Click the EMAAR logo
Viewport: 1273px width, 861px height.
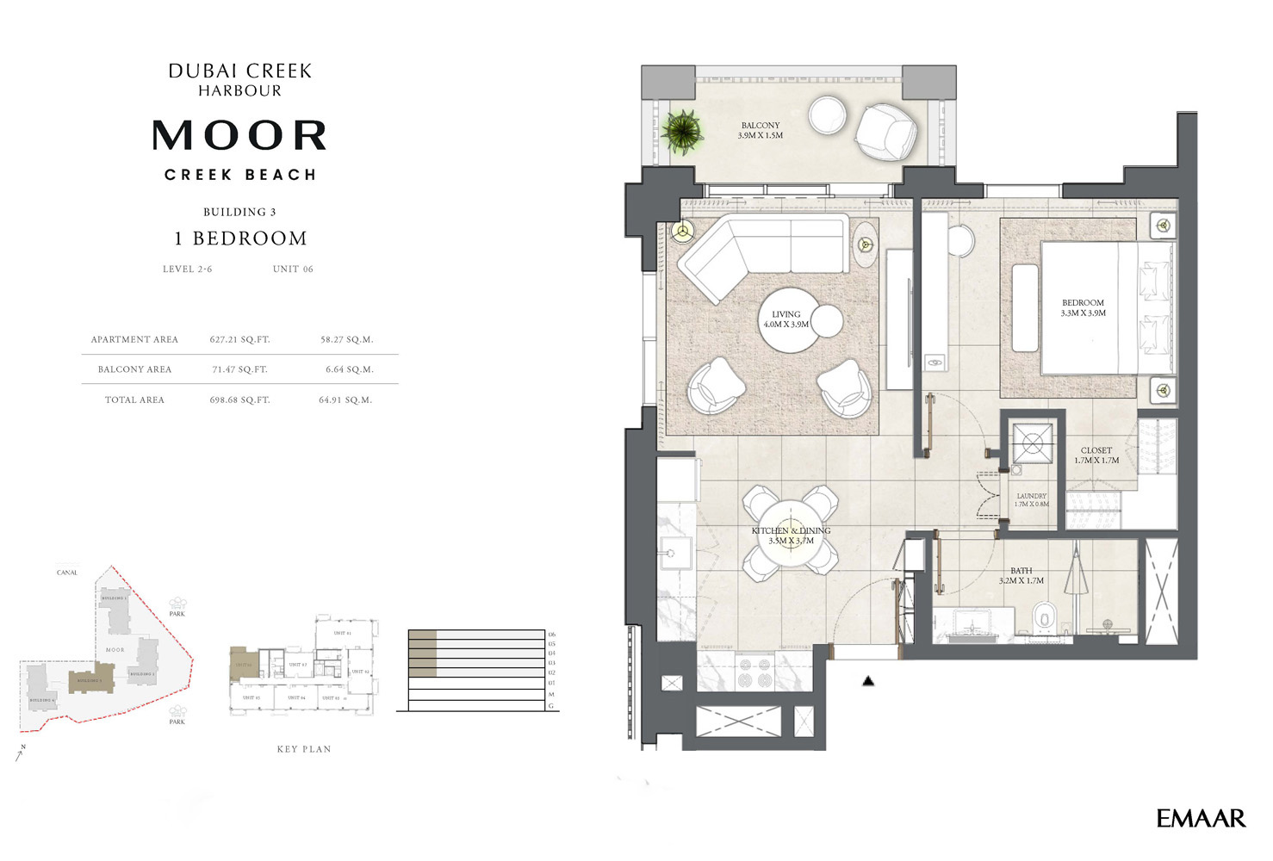tap(1201, 819)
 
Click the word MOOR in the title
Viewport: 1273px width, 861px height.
tap(240, 136)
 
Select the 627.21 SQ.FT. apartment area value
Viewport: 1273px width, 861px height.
tap(239, 340)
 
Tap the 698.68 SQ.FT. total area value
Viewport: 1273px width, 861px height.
tap(239, 400)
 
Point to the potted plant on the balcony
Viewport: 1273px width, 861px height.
tap(682, 132)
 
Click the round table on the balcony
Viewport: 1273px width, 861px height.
tap(827, 115)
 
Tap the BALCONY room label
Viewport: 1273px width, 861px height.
tap(760, 130)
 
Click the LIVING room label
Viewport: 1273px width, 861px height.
tap(786, 319)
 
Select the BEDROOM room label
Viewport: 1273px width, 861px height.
tap(1083, 308)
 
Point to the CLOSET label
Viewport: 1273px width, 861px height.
tap(1096, 455)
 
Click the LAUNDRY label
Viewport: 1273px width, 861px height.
tap(1031, 499)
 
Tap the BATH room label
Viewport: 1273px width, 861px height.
tap(1021, 576)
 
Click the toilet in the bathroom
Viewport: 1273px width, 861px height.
tap(1045, 616)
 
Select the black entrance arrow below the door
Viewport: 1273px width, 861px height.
tap(868, 681)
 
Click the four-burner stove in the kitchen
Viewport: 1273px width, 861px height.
tap(754, 672)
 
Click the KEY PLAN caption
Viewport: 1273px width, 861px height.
tap(304, 749)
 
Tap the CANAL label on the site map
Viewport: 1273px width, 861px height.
tap(67, 573)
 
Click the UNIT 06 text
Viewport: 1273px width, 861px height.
tap(293, 269)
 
